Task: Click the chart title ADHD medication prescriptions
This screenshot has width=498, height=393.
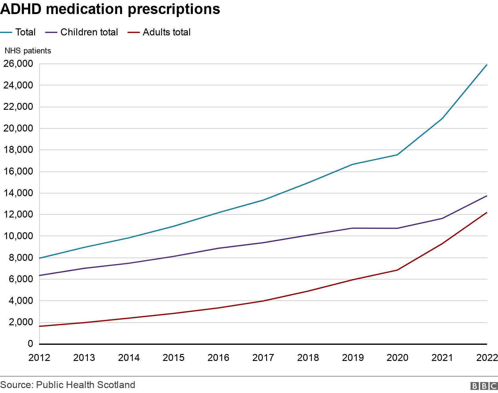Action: tap(110, 9)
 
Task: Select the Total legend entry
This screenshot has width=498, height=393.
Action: tap(18, 32)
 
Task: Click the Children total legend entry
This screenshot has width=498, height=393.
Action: tap(82, 32)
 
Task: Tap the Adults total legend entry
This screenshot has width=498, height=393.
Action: tap(159, 32)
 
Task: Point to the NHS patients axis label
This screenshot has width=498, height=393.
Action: tap(28, 51)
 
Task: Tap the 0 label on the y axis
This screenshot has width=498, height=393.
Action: tap(30, 344)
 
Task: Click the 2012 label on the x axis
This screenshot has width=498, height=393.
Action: tap(39, 358)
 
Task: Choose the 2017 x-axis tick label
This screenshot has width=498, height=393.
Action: tap(263, 358)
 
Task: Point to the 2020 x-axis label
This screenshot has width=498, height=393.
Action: tap(397, 358)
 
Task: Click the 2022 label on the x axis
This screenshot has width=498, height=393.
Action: tap(487, 358)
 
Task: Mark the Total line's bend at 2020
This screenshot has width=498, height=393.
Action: tap(397, 155)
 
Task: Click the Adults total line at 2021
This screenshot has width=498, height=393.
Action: tap(442, 243)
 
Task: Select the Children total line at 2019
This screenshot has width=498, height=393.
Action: tap(352, 228)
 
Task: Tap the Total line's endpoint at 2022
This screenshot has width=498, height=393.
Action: tap(486, 65)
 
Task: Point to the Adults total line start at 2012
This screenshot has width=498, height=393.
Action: tap(40, 326)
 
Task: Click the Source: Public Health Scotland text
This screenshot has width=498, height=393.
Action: tap(68, 385)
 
